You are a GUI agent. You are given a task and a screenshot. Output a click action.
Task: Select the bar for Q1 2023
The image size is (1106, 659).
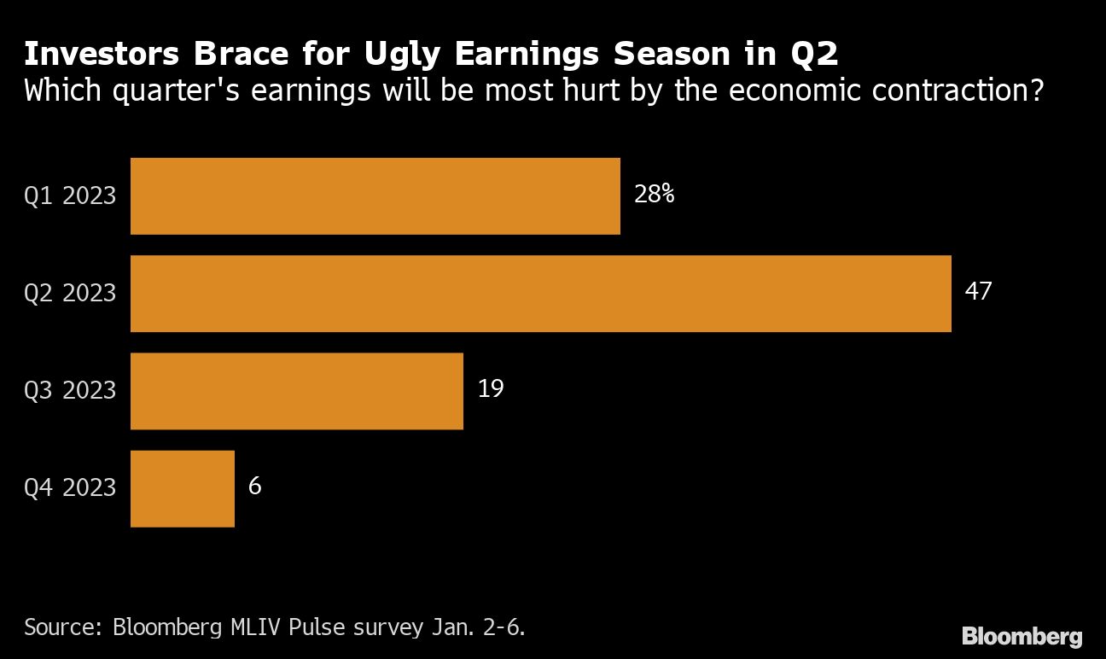click(x=375, y=195)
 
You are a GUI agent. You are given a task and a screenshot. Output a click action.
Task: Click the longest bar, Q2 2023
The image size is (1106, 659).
click(x=540, y=293)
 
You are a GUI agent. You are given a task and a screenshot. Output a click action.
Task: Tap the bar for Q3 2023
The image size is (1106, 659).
click(x=296, y=390)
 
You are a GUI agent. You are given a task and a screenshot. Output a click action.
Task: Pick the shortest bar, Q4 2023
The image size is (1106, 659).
click(x=182, y=488)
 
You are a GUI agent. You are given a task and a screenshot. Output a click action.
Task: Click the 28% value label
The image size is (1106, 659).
click(x=654, y=195)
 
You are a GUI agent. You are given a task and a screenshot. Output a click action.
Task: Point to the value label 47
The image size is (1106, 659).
click(x=978, y=292)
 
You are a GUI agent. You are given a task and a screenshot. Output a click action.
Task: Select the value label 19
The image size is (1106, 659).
click(x=491, y=389)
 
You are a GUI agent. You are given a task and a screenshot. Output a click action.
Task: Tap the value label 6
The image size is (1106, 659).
click(x=254, y=487)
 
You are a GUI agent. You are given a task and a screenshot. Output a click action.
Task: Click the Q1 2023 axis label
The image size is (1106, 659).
click(x=70, y=195)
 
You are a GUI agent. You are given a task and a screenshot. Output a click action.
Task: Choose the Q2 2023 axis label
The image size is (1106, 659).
click(x=70, y=293)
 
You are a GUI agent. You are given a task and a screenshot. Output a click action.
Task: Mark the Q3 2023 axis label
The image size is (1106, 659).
click(x=70, y=390)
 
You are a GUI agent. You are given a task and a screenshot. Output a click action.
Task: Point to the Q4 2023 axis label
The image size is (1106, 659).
click(x=70, y=488)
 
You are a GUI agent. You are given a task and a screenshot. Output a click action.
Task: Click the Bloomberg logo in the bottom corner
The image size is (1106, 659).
click(x=1022, y=636)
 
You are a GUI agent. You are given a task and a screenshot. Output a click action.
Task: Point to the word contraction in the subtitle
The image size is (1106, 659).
click(x=946, y=90)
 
